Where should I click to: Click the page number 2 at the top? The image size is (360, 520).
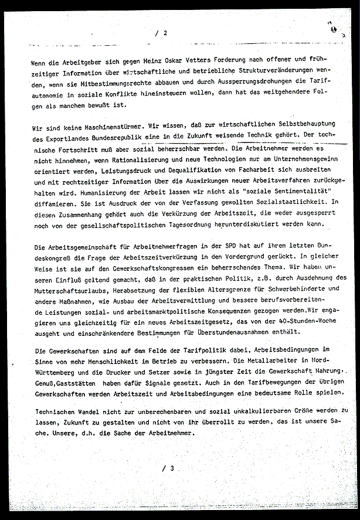point(165,33)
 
